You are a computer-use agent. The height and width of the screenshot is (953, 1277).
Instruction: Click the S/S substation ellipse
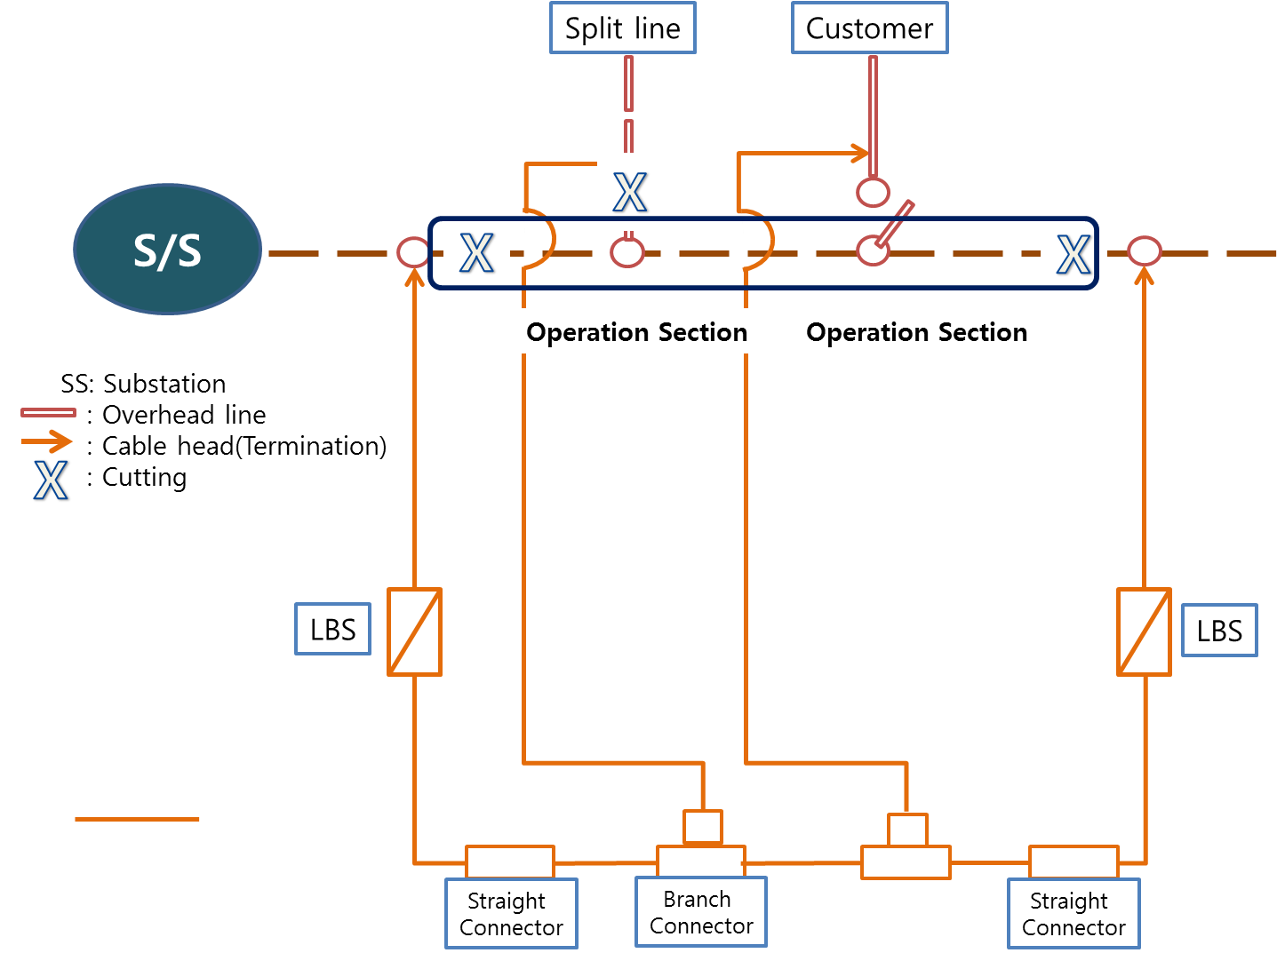(x=167, y=250)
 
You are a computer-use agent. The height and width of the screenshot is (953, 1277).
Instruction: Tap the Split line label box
(x=622, y=28)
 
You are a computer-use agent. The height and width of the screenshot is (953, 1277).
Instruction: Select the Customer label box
(x=869, y=28)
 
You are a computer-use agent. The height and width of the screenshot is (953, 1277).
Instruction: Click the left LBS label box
(x=332, y=630)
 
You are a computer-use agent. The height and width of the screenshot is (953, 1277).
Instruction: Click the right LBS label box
(x=1218, y=631)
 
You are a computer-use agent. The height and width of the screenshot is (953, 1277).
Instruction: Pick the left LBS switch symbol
(x=414, y=631)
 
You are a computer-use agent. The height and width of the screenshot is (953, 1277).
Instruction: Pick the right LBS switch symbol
(x=1144, y=631)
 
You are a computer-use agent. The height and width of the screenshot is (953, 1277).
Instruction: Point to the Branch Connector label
(x=701, y=912)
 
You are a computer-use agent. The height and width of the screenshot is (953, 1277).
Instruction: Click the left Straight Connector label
(x=511, y=914)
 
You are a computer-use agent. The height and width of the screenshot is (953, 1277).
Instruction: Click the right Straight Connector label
(x=1073, y=914)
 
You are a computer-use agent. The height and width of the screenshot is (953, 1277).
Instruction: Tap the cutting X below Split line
(x=629, y=192)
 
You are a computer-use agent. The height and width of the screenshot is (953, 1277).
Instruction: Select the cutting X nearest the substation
(x=476, y=253)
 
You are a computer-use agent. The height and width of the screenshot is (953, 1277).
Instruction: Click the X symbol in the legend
(x=51, y=480)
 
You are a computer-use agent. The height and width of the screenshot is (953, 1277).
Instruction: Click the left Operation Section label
(x=636, y=332)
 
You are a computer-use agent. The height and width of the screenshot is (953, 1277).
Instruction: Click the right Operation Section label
(x=916, y=332)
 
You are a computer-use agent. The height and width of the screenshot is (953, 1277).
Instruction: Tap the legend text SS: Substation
(x=143, y=384)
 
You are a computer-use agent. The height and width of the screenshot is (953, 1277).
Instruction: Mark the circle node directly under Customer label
(x=873, y=192)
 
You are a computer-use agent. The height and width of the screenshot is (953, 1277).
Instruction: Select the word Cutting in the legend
(x=144, y=477)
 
